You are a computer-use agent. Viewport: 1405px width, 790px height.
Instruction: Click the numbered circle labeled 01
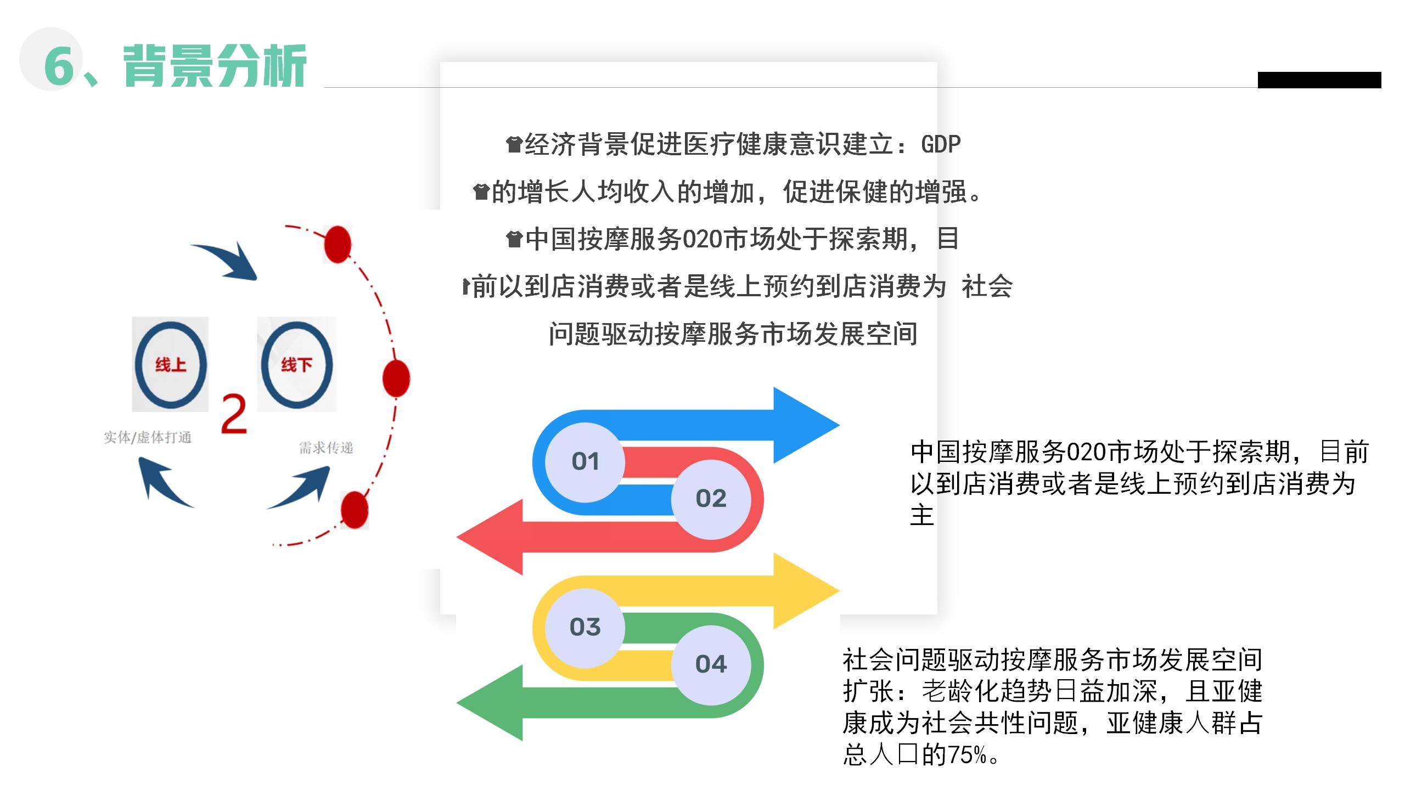[585, 462]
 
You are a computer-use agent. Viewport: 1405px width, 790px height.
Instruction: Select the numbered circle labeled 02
[711, 499]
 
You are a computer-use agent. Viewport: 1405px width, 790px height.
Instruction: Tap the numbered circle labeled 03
[585, 628]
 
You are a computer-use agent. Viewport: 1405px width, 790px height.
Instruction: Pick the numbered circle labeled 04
[711, 665]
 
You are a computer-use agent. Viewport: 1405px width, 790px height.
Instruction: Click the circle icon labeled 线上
[171, 365]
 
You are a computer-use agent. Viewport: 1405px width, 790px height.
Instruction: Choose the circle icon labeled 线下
[296, 365]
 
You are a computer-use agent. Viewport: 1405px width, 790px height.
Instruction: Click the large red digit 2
[234, 414]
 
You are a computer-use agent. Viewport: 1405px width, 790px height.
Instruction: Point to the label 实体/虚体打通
[148, 437]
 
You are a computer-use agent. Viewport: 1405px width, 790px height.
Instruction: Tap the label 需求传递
[326, 448]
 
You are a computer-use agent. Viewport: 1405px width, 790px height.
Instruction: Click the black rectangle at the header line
[1319, 80]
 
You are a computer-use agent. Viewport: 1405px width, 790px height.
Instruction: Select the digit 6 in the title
[59, 66]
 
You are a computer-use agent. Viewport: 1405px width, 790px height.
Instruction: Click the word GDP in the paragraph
[941, 145]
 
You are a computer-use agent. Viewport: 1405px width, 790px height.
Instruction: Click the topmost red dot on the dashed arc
[337, 244]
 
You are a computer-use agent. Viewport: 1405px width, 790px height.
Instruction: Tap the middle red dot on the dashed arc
[396, 379]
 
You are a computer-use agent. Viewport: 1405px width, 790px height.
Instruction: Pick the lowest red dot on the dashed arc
[355, 510]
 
